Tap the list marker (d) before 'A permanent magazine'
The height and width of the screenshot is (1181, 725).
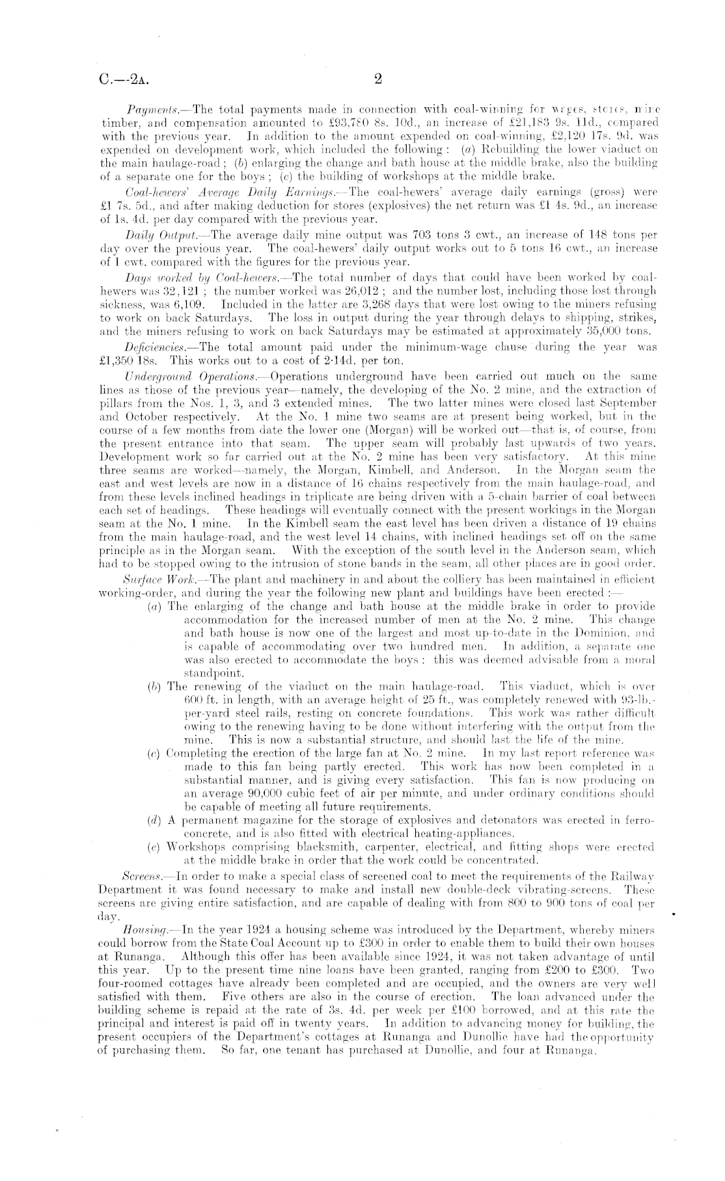click(155, 821)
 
